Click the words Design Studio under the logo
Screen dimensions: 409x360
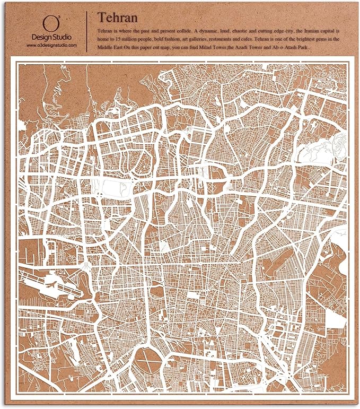click(x=51, y=38)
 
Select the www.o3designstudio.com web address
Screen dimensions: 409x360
click(x=51, y=46)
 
